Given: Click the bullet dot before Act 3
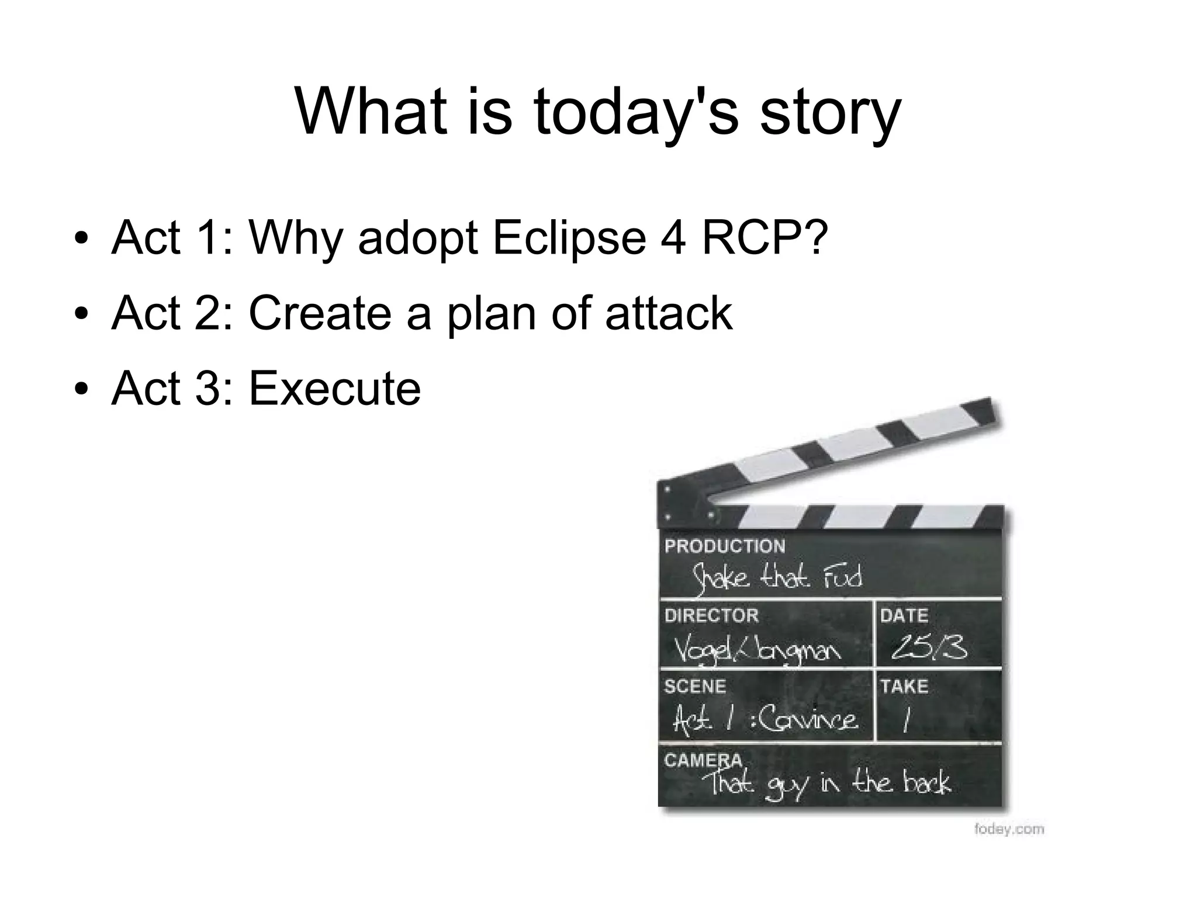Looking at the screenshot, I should click(x=81, y=389).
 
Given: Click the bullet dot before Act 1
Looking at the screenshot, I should click(x=81, y=238).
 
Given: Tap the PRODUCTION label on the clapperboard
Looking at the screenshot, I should click(x=725, y=546).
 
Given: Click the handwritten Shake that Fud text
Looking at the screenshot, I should click(x=777, y=577).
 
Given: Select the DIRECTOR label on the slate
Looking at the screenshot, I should click(x=711, y=615).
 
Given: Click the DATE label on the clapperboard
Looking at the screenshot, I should click(x=904, y=615).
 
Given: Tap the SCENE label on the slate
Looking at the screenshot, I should click(x=695, y=686).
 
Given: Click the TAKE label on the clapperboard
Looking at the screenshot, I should click(x=904, y=686).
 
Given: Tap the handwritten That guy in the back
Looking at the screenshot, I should click(x=829, y=784).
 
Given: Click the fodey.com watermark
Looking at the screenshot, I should click(x=1009, y=829).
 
